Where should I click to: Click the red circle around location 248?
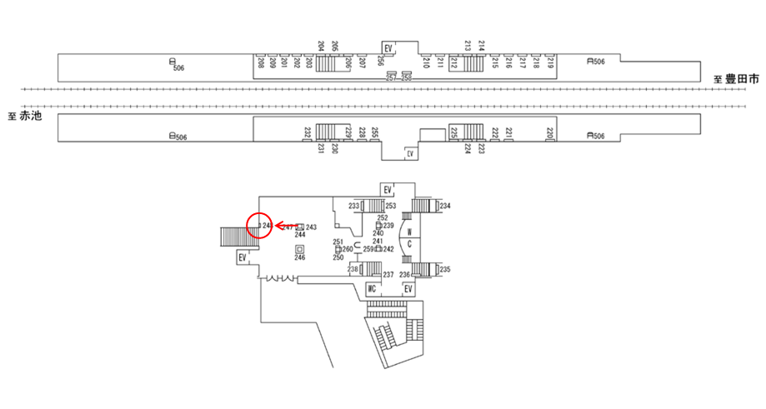[260, 226]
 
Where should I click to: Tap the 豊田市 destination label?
[741, 79]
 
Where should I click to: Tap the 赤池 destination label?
[30, 116]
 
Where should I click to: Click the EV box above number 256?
[388, 48]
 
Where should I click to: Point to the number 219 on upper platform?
[550, 62]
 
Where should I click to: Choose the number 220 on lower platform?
[550, 132]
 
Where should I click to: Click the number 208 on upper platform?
[261, 62]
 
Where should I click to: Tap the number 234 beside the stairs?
[445, 206]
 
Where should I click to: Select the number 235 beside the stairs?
[445, 269]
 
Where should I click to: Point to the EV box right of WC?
[408, 289]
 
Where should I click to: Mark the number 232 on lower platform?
[308, 132]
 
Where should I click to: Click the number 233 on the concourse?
[353, 206]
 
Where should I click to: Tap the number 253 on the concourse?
[390, 206]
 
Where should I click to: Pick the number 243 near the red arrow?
[312, 227]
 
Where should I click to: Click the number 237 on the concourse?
[388, 275]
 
